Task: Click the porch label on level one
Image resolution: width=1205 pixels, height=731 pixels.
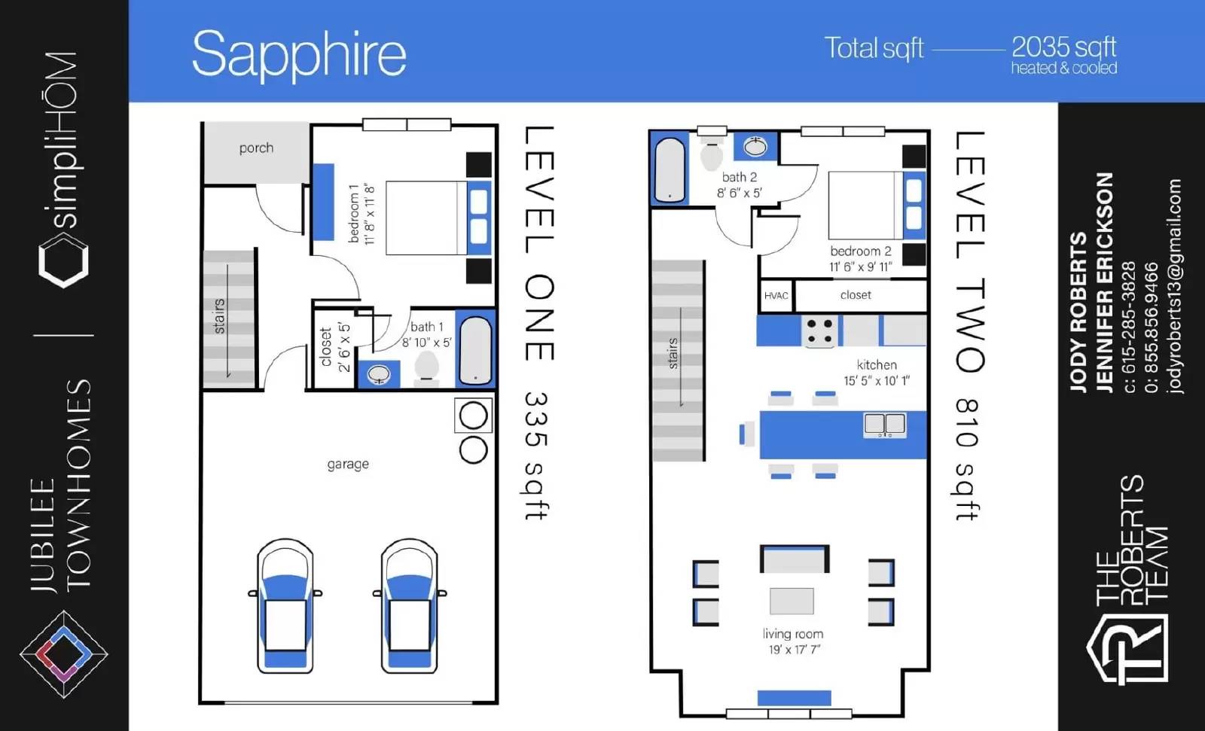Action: coord(256,148)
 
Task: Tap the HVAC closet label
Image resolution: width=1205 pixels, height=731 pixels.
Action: coord(776,296)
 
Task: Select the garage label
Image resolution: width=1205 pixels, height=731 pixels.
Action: coord(348,464)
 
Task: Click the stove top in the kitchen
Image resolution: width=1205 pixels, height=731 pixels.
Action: coord(820,330)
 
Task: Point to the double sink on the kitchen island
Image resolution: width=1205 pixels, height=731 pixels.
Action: coord(885,425)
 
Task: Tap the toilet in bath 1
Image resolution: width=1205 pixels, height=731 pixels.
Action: coord(427,367)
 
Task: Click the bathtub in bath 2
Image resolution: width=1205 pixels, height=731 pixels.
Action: coord(670,170)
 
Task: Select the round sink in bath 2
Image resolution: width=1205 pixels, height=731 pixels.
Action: coord(755,146)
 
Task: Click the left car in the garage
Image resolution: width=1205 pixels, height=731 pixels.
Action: coord(285,606)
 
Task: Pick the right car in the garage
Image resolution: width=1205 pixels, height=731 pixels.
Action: coord(410,606)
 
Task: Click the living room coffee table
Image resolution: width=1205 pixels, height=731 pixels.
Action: coord(792,601)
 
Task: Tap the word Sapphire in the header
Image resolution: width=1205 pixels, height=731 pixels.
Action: coord(299,54)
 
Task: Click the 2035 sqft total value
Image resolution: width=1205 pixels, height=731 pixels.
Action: coord(1063,47)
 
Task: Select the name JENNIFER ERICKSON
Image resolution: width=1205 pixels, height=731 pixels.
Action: coord(1104,283)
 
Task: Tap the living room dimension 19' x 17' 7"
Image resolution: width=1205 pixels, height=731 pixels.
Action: coord(794,650)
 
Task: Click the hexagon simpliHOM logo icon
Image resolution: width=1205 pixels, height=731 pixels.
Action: coord(63,262)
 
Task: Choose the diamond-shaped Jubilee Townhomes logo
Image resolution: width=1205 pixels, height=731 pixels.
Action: coord(63,654)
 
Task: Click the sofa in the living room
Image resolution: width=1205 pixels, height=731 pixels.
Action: coord(795,559)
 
